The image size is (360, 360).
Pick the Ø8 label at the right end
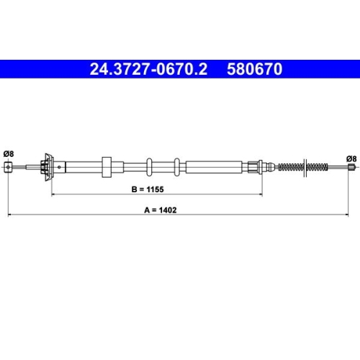pyautogui.click(x=351, y=158)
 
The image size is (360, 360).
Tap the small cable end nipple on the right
pyautogui.click(x=351, y=167)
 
